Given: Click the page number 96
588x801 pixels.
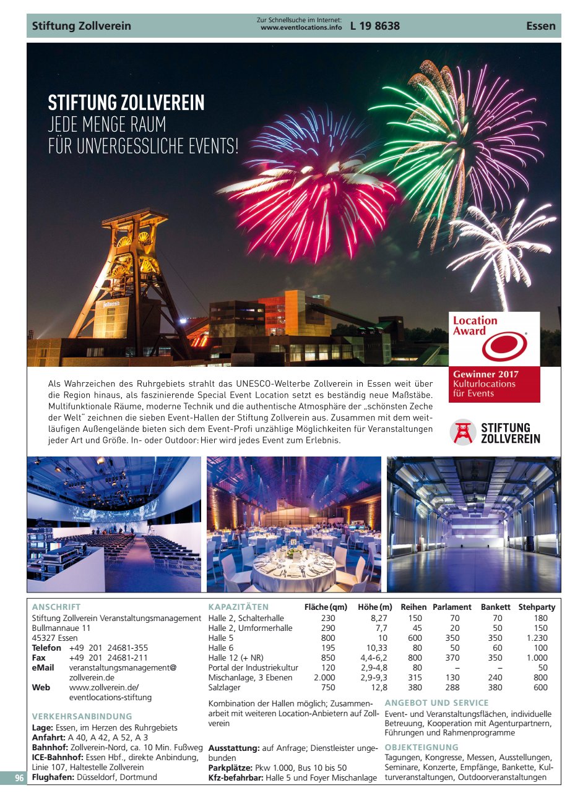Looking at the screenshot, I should coord(19,778).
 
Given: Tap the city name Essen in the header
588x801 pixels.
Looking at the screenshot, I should coord(540,26).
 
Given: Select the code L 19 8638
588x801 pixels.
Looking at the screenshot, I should coord(375,26).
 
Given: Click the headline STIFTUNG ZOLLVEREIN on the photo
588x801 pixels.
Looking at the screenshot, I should coord(126,103).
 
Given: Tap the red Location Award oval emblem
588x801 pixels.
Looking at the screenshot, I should coord(504,346).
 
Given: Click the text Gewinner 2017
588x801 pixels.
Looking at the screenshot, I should coord(485,374).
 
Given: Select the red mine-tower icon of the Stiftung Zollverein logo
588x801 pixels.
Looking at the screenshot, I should coord(462,432).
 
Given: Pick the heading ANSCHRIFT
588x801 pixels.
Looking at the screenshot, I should coord(56,607).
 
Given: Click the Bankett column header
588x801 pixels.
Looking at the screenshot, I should coord(495,607).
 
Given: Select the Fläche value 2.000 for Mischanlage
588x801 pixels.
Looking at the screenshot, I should coord(324,677).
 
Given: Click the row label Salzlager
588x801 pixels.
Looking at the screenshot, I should coord(224,687).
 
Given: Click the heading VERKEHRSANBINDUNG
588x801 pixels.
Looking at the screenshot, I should coord(82,716).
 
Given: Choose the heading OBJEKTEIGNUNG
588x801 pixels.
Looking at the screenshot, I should coord(422,747).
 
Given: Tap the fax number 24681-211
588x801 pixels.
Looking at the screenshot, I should coord(128,658).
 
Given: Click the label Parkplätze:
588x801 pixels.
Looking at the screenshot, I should coord(230,768).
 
